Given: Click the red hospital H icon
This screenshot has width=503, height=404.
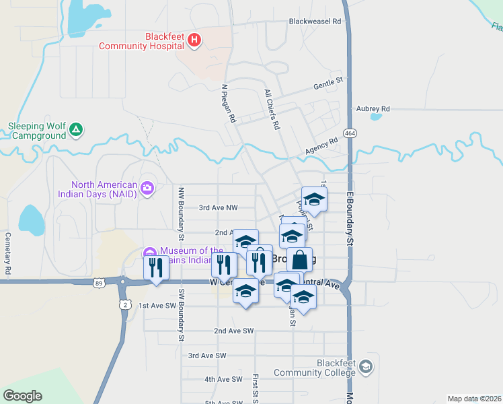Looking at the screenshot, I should click(x=194, y=40).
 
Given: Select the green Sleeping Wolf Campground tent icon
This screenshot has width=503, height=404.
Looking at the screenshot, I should click(x=77, y=129).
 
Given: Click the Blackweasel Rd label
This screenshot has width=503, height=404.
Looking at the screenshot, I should click(x=315, y=22).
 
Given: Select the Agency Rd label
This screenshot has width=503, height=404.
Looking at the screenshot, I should click(x=321, y=146).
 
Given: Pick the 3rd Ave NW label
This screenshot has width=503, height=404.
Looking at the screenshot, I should click(x=218, y=208).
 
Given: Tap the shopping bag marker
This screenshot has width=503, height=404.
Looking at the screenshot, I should click(x=300, y=259).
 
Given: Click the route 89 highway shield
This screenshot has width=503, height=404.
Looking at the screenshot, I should click(x=100, y=283).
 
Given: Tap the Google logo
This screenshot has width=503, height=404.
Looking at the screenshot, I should click(x=23, y=396).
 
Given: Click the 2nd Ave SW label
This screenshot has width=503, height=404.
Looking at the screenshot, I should click(x=233, y=331).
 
